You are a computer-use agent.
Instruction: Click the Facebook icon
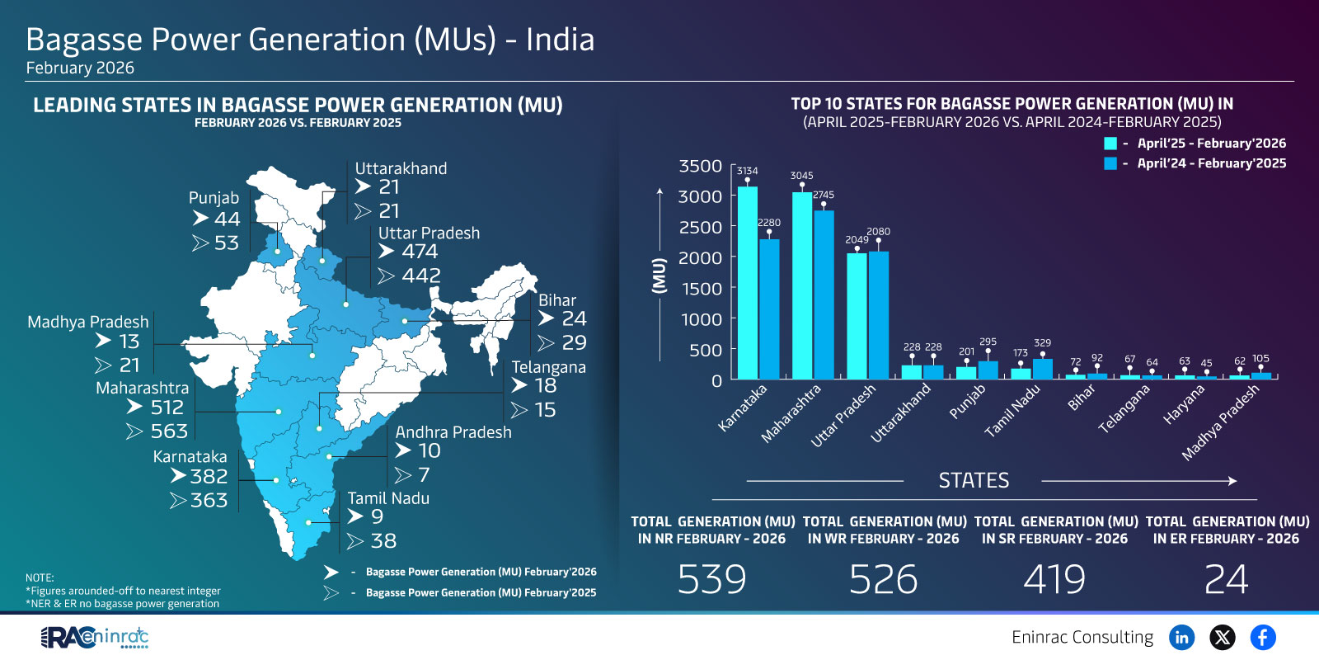click(1262, 637)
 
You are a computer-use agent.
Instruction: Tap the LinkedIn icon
click(1182, 637)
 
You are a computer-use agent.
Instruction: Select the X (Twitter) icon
click(1223, 637)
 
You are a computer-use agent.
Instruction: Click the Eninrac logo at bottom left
click(95, 637)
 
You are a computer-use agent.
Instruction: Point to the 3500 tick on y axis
click(700, 166)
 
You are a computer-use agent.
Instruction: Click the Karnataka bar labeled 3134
click(747, 280)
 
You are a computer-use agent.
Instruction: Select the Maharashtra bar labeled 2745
click(824, 293)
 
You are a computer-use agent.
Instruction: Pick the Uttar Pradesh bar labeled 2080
click(878, 313)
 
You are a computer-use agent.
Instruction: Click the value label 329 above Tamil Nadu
click(1042, 342)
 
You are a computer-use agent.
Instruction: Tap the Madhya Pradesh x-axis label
click(1221, 422)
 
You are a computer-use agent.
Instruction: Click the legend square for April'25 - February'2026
click(1110, 143)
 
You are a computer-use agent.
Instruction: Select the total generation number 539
click(712, 579)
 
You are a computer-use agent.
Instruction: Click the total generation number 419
click(1054, 579)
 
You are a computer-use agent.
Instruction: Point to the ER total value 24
click(1226, 579)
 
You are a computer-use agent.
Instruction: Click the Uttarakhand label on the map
click(401, 168)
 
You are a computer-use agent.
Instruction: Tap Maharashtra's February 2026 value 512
click(167, 408)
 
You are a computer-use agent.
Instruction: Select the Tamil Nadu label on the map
click(388, 498)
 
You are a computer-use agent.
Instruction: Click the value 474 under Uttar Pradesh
click(420, 252)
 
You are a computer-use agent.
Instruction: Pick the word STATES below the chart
click(974, 480)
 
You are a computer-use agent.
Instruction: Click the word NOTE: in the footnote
click(40, 577)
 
